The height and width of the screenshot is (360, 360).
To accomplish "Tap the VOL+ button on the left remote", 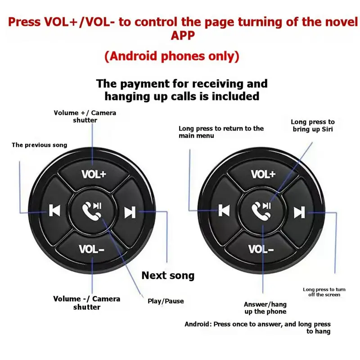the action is click(93, 174).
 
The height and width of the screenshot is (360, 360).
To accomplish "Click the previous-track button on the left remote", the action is click(54, 210).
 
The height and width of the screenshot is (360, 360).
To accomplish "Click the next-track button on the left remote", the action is click(130, 212).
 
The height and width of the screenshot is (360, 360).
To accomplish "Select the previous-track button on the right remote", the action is click(224, 210).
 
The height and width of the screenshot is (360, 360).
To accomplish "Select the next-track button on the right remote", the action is click(299, 211).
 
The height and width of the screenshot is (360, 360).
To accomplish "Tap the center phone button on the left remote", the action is click(92, 211).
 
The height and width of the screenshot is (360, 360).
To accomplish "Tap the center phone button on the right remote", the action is click(261, 211).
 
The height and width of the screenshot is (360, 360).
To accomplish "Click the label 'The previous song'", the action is click(40, 145).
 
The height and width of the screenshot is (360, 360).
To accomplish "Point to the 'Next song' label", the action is click(168, 275).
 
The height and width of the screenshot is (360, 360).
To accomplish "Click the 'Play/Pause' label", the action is click(166, 301).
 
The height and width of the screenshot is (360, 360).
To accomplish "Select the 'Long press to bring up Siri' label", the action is click(313, 126).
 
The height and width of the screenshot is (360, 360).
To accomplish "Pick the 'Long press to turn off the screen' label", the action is click(324, 292).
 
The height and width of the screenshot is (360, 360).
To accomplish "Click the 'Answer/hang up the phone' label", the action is click(265, 308).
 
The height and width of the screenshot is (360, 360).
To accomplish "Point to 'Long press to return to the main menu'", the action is click(221, 132).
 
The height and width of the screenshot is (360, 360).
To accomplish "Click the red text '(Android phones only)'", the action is click(172, 56).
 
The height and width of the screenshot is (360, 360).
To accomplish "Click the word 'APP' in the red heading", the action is click(183, 36).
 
